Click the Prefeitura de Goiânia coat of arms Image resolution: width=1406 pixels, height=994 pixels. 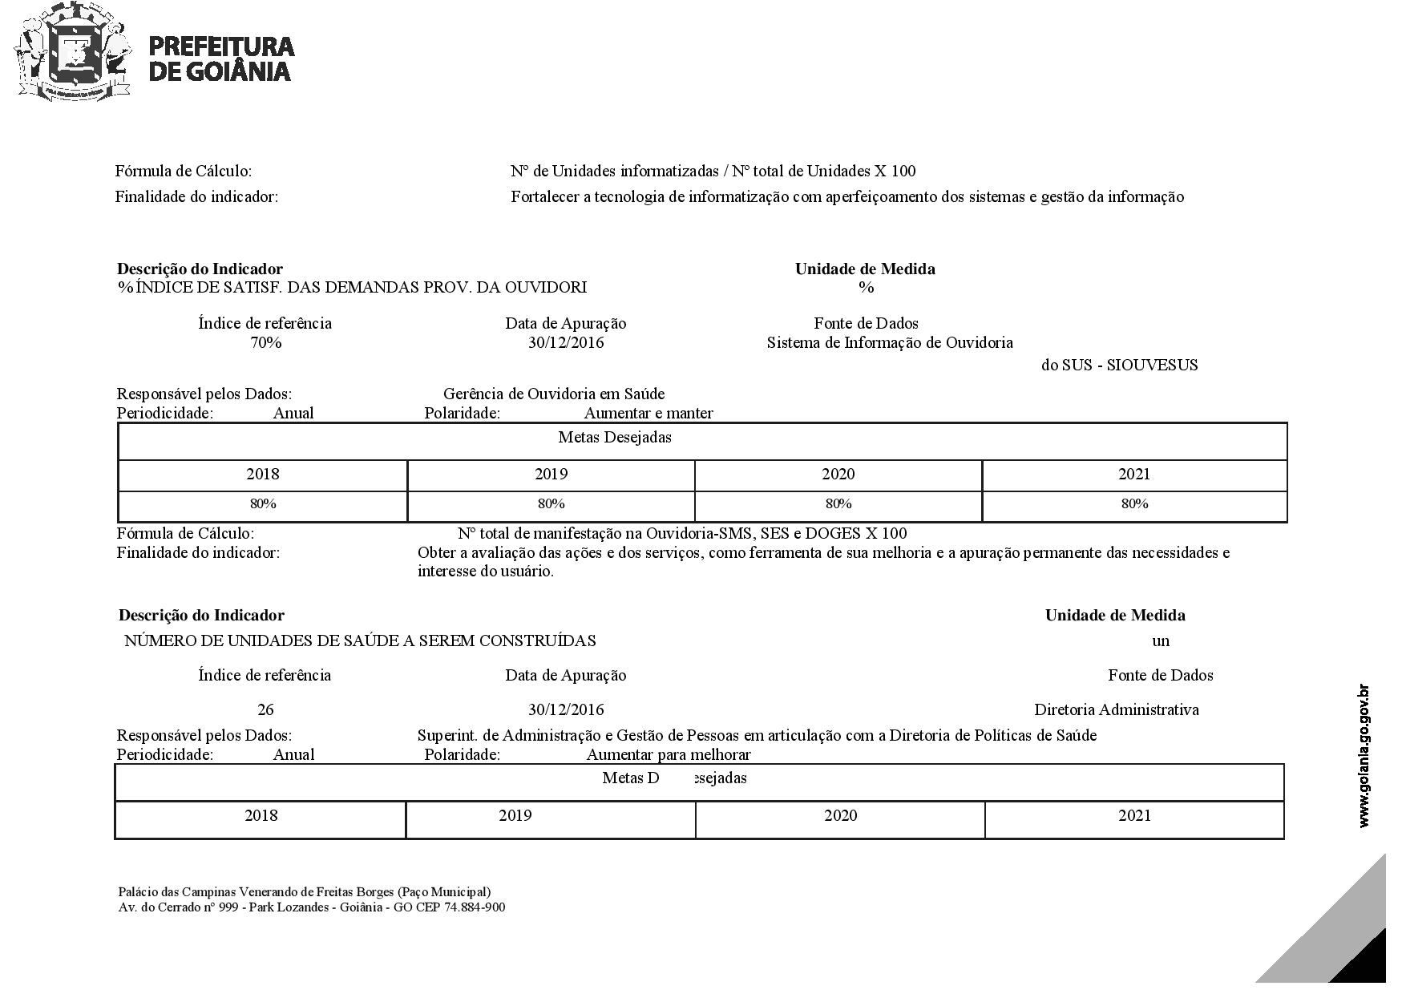pos(72,53)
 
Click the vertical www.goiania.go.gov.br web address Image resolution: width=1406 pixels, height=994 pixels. pos(1364,756)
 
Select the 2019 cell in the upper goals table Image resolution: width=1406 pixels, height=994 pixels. pos(551,475)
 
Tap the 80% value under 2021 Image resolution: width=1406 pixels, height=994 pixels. pos(1134,504)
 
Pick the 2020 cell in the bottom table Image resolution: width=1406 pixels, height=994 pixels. pos(840,816)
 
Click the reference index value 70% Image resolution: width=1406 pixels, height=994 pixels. pos(265,343)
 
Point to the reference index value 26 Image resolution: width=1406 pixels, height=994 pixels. pos(265,709)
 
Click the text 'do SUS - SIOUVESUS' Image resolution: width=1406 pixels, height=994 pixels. pos(1119,366)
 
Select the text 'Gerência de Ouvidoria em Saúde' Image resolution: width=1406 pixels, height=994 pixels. pos(554,394)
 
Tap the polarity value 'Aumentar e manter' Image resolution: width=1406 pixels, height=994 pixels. pos(648,414)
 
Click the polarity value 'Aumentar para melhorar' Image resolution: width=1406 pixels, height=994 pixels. pos(668,755)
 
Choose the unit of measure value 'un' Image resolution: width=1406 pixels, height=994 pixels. pos(1160,641)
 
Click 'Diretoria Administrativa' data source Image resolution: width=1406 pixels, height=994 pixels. pos(1116,709)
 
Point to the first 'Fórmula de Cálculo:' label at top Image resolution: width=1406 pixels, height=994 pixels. pos(184,172)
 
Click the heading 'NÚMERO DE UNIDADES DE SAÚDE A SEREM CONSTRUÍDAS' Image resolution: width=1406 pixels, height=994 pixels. pos(360,641)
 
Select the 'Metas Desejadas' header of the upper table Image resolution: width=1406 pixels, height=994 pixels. pos(614,438)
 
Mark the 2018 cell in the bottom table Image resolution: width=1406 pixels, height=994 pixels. pos(261,816)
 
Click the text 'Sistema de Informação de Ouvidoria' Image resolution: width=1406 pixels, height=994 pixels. pos(890,343)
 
